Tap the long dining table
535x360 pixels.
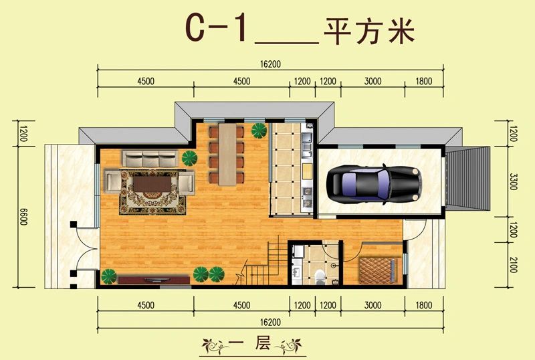[x=227, y=154]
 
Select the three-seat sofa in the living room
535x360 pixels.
[x=150, y=159]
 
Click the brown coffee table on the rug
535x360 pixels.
[x=152, y=184]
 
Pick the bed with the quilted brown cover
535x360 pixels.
[x=378, y=270]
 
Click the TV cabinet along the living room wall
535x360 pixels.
[x=154, y=280]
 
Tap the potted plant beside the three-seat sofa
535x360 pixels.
[x=189, y=158]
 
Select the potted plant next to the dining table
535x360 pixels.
[x=259, y=130]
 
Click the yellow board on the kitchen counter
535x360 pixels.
[x=308, y=171]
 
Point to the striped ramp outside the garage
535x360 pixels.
[x=467, y=177]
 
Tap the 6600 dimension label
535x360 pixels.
[x=23, y=217]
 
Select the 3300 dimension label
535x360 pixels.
[x=513, y=182]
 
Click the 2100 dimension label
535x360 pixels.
[x=513, y=265]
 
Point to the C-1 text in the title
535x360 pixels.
[x=216, y=28]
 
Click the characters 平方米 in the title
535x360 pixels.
[x=369, y=31]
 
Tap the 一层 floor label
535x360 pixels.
[x=251, y=343]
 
